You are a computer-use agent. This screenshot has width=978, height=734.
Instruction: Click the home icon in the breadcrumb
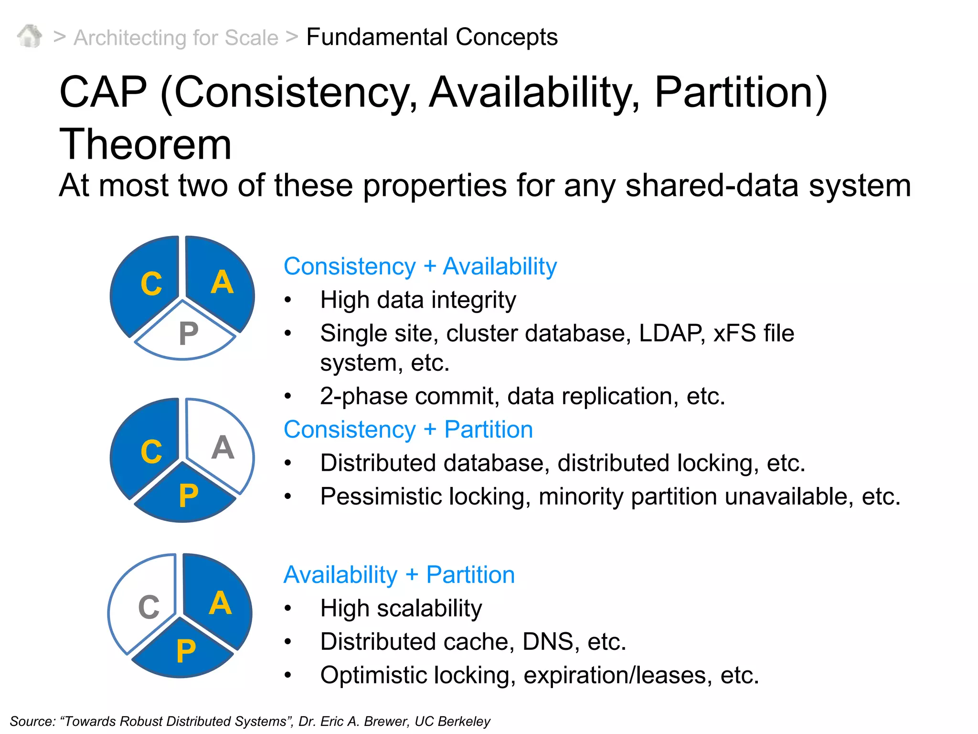30,36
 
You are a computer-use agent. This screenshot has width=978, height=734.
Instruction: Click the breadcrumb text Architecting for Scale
176,38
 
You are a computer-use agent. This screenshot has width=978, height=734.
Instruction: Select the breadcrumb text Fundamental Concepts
432,37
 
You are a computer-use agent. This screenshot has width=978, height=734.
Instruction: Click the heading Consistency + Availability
420,266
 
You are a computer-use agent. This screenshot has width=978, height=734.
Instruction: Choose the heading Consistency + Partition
408,429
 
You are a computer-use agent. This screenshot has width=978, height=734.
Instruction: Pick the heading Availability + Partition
399,574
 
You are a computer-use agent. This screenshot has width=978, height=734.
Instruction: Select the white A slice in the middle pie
221,447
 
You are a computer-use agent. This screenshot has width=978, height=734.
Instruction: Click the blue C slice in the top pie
148,284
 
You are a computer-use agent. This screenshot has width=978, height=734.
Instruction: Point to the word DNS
548,642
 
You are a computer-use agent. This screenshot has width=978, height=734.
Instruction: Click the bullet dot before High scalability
287,608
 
